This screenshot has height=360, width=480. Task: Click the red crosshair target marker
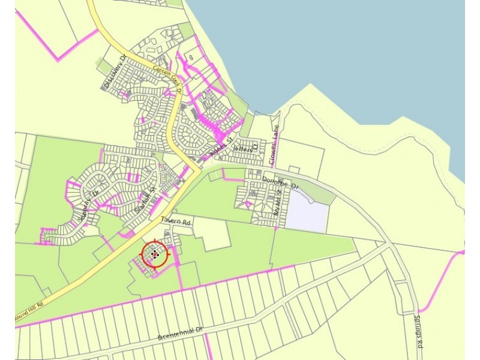(155, 254)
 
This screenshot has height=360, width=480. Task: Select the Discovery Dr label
(115, 73)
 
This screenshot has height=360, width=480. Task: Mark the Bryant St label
(277, 204)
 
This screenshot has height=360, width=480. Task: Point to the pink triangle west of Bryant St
(247, 205)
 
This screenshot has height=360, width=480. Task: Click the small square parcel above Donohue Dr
(294, 170)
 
